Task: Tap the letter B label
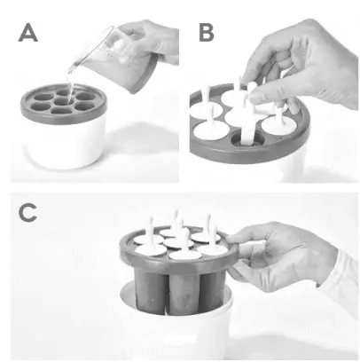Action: tap(207, 35)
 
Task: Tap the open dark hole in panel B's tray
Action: tap(243, 138)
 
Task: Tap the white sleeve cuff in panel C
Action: tap(340, 275)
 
